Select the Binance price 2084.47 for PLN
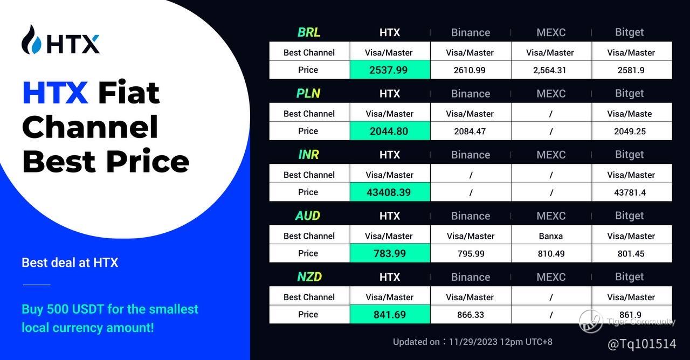click(x=470, y=131)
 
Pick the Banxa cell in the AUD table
click(x=551, y=236)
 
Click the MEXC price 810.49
click(x=551, y=253)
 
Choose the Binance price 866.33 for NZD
click(x=471, y=314)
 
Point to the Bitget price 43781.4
click(x=630, y=192)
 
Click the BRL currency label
click(x=309, y=32)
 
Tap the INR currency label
click(x=308, y=155)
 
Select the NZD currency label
click(x=309, y=277)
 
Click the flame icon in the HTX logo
click(x=31, y=39)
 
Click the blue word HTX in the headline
click(x=56, y=92)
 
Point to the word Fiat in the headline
click(x=129, y=92)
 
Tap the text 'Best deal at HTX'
click(x=70, y=262)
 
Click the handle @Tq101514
click(x=641, y=344)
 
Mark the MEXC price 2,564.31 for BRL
click(x=550, y=70)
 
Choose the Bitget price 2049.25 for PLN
click(x=630, y=131)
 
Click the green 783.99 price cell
click(x=390, y=253)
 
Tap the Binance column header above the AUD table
click(x=471, y=216)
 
